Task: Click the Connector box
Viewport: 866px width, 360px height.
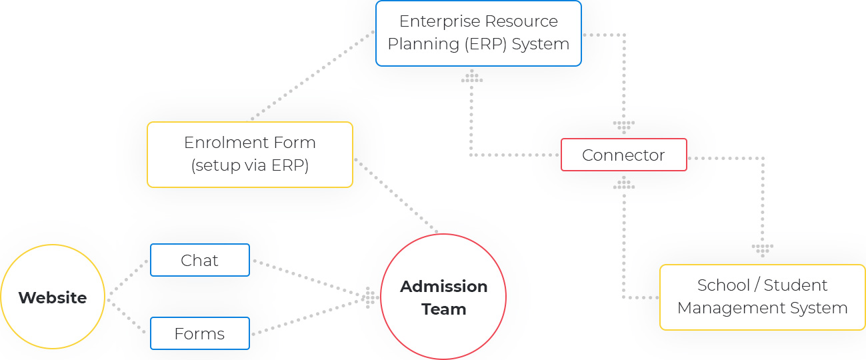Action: tap(623, 155)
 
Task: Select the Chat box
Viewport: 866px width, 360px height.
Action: tap(199, 260)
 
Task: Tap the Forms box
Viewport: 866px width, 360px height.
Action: tap(199, 333)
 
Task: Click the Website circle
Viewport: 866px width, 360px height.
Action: tap(53, 297)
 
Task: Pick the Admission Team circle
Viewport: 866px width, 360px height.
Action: tap(443, 297)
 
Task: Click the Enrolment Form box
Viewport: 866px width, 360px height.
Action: tap(249, 154)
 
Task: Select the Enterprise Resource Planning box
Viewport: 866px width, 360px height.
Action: tap(478, 33)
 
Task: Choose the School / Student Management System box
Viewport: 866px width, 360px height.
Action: tap(762, 297)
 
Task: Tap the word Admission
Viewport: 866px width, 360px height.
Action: tap(443, 287)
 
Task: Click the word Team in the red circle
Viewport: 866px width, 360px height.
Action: tap(443, 309)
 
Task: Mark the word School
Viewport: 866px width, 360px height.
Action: tap(723, 285)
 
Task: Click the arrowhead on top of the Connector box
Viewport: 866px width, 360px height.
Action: tap(624, 127)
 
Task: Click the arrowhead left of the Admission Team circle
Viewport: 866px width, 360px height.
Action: tap(369, 297)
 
